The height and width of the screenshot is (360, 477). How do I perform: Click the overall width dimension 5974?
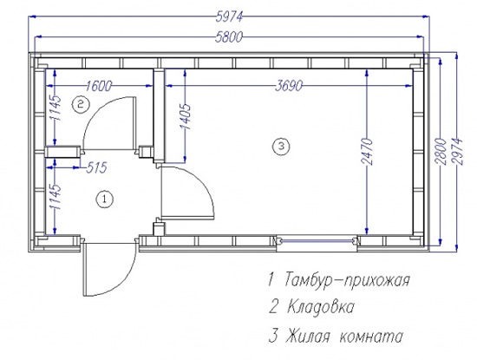(x=229, y=16)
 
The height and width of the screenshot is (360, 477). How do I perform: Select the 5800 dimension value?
(x=229, y=37)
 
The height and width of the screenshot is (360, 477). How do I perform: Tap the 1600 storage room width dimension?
(x=99, y=86)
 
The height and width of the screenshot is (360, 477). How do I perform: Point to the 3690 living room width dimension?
(x=289, y=86)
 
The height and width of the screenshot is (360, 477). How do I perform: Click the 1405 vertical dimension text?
(x=185, y=116)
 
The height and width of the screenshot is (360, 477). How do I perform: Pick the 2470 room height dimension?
(x=367, y=152)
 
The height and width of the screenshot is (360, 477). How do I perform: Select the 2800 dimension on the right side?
(x=441, y=152)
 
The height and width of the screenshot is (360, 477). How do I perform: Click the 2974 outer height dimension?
(x=457, y=152)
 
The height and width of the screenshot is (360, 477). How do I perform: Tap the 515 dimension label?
(x=96, y=167)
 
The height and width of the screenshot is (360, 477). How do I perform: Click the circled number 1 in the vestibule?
(x=104, y=200)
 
